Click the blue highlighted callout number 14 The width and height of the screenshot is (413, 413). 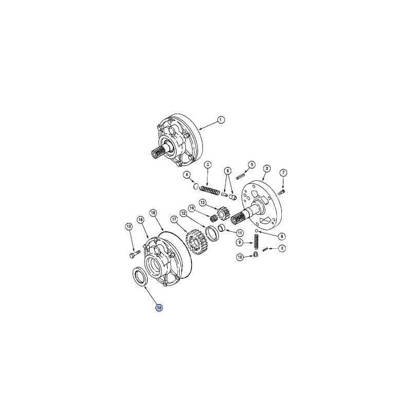159,307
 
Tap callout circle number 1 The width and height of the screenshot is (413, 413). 221,120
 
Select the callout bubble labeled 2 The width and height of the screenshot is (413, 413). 267,168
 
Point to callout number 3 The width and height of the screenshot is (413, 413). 208,165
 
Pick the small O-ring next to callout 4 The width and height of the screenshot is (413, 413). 195,186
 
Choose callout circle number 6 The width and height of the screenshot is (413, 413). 228,171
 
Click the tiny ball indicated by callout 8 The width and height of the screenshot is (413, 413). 256,231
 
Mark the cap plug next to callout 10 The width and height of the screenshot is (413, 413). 255,254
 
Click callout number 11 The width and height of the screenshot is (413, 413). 240,233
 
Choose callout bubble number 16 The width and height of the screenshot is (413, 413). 140,219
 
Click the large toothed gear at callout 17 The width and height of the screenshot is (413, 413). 196,242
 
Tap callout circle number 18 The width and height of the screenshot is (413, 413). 153,213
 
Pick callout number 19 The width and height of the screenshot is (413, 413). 192,209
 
